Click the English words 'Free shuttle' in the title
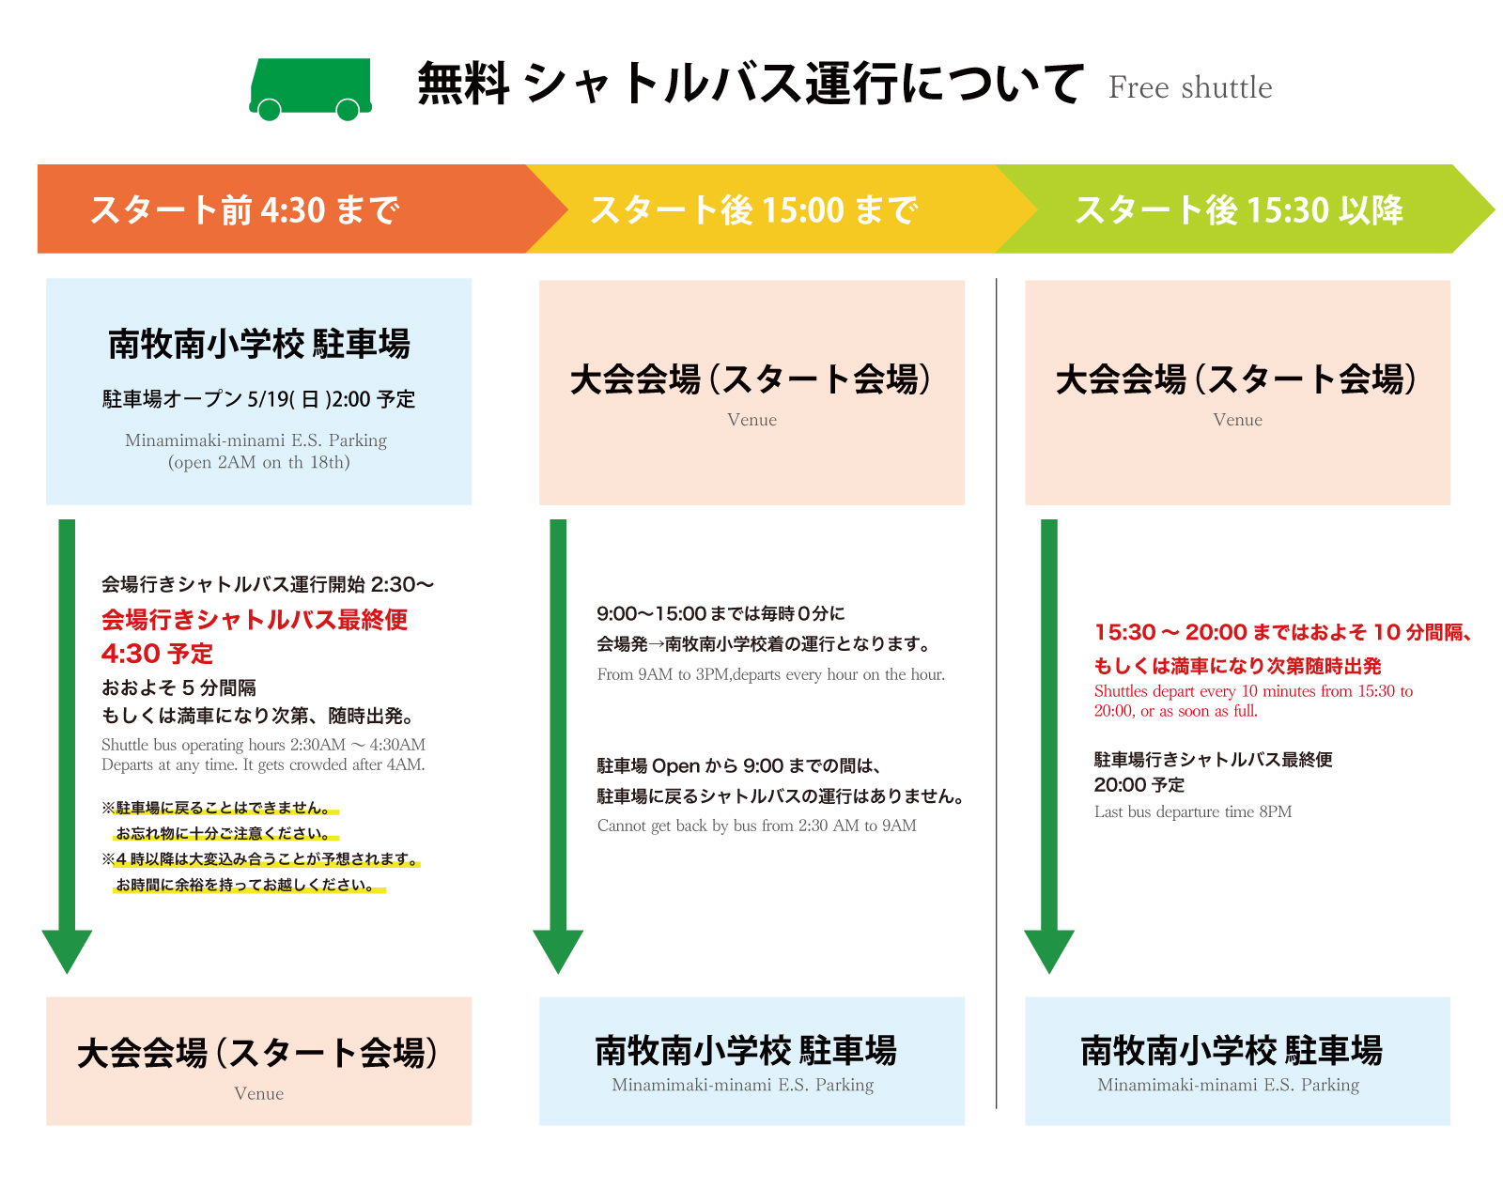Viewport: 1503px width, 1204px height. pyautogui.click(x=1190, y=87)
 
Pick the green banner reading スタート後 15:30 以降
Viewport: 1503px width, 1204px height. pyautogui.click(x=1239, y=209)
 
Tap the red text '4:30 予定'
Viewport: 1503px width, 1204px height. pyautogui.click(x=157, y=654)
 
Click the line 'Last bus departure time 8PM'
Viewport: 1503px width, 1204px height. pyautogui.click(x=1192, y=812)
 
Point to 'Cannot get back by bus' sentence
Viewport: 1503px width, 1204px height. pyautogui.click(x=756, y=826)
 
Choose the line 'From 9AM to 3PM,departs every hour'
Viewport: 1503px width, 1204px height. pyautogui.click(x=770, y=674)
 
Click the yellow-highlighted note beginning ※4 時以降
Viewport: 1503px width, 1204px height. pyautogui.click(x=260, y=859)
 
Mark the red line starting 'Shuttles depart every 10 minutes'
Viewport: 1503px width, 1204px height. pyautogui.click(x=1252, y=691)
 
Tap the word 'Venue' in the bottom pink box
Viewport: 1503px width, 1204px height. pyautogui.click(x=258, y=1093)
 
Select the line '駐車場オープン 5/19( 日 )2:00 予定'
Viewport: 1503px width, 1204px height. pyautogui.click(x=258, y=399)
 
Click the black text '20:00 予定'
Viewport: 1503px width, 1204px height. pyautogui.click(x=1139, y=785)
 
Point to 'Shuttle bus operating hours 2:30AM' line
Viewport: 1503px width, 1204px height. pyautogui.click(x=263, y=745)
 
